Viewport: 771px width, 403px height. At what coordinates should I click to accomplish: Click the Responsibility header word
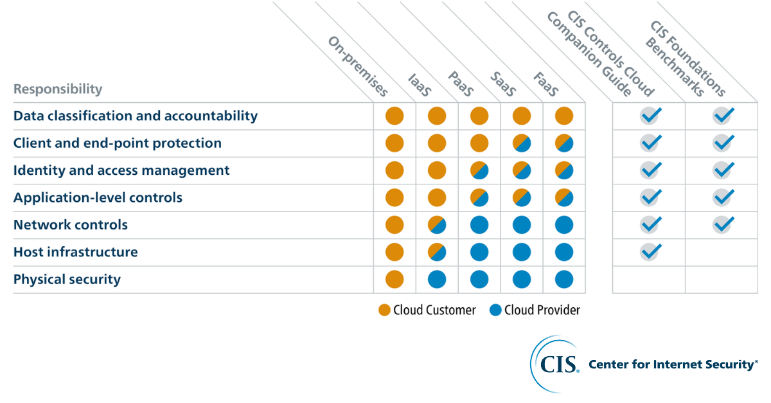tap(58, 89)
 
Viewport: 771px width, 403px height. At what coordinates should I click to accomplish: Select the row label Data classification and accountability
tap(136, 116)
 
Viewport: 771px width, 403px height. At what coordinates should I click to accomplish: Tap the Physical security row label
tap(67, 280)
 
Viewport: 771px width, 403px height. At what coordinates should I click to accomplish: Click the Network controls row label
tap(71, 225)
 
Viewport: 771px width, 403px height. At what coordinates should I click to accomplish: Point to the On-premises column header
tap(358, 66)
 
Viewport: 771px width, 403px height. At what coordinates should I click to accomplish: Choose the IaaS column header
tap(419, 84)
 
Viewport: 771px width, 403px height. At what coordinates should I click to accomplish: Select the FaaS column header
tap(545, 84)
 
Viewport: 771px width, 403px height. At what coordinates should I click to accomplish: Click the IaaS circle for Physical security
tap(437, 280)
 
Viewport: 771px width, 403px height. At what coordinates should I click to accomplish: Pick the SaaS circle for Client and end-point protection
tap(522, 143)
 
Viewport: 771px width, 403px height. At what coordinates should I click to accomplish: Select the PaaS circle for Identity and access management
tap(479, 170)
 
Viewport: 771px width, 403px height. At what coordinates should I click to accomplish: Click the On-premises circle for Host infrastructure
tap(394, 252)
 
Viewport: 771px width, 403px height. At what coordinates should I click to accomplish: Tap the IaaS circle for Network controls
tap(437, 225)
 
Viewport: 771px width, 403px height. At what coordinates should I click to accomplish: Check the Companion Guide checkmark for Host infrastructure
tap(650, 252)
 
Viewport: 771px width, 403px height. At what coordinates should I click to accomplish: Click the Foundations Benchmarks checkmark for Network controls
tap(723, 225)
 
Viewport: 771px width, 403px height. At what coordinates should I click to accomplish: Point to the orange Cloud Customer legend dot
tap(384, 310)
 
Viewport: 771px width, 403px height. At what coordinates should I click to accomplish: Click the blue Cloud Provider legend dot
tap(495, 310)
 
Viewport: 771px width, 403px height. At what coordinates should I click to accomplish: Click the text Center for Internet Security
tap(673, 364)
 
